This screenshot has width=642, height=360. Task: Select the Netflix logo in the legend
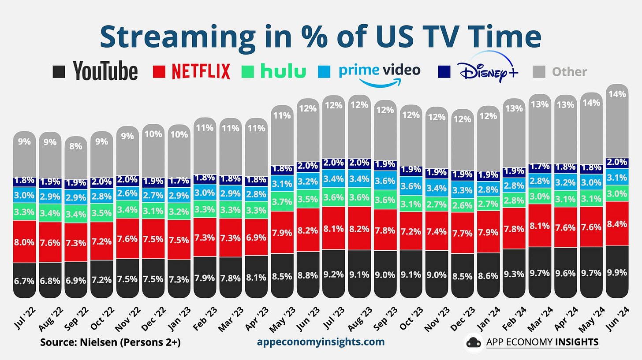201,71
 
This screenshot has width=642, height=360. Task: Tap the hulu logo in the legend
283,71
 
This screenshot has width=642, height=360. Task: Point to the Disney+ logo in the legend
487,71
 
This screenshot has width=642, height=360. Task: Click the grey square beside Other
540,71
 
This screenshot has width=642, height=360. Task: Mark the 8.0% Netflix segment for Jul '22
24,241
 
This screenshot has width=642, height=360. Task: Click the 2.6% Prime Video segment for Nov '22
127,193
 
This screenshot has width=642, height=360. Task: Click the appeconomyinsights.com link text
320,341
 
